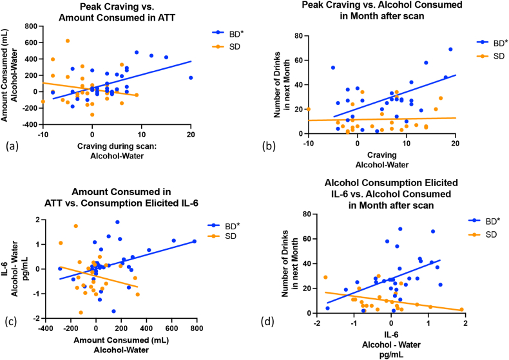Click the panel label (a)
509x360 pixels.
[x=11, y=146]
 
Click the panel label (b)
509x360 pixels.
[x=269, y=146]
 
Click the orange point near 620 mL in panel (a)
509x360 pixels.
[x=68, y=41]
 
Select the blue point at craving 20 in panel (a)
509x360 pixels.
[x=191, y=77]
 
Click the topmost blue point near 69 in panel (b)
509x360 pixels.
[x=450, y=49]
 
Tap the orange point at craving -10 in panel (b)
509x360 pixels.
[x=309, y=109]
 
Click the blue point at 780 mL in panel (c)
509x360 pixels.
[x=194, y=242]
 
